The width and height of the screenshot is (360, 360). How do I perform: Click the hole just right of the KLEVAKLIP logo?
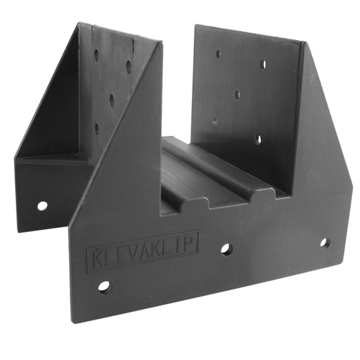(226, 249)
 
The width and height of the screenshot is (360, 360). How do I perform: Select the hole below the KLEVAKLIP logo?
(105, 287)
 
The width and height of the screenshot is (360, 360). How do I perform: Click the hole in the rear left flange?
(42, 206)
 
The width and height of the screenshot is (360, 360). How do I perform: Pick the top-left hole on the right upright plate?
(219, 53)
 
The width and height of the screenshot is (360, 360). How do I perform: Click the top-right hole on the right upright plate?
(264, 65)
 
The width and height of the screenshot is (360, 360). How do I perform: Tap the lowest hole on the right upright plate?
(258, 139)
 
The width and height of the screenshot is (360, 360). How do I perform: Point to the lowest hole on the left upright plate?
(96, 129)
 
